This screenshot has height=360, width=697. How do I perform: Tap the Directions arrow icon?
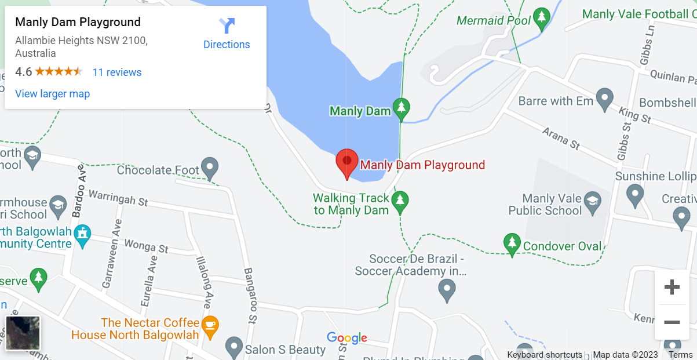point(227,26)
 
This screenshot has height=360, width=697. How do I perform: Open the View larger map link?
point(52,94)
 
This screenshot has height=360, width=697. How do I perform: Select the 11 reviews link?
point(117,72)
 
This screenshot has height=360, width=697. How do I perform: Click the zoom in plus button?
point(672,287)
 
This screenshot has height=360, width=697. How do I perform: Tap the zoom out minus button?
point(672,322)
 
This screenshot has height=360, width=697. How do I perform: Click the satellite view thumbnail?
point(23,333)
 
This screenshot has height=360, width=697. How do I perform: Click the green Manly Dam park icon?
point(401,108)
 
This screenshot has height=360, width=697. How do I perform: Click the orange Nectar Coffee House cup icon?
point(210,328)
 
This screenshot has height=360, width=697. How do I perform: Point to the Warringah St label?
point(118,198)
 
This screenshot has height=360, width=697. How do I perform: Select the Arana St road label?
point(561,139)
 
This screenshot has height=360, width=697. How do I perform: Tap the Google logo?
point(347,338)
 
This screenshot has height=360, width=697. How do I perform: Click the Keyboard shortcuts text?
point(545,355)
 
